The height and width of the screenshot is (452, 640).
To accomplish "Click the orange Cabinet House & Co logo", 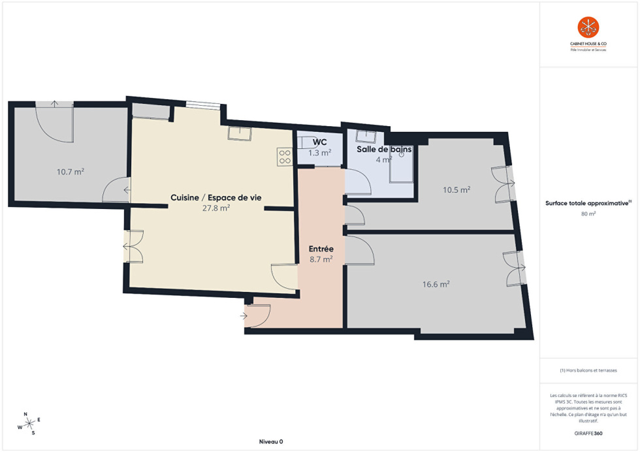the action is click(588, 27).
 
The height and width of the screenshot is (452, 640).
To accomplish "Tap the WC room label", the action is click(319, 142).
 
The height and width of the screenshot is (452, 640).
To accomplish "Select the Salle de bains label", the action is click(384, 149).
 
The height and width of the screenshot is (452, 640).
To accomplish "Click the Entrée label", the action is click(321, 249).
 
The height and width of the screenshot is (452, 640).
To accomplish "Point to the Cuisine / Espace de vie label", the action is click(216, 198).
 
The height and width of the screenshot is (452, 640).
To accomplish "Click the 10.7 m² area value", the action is click(71, 172).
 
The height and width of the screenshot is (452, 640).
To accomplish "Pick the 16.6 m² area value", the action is click(436, 284).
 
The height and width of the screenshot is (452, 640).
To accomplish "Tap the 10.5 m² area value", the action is click(456, 190).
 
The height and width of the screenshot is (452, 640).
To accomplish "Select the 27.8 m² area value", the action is click(216, 208).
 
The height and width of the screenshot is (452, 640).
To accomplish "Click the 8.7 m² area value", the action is click(321, 259).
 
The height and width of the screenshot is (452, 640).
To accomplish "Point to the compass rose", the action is click(29, 424).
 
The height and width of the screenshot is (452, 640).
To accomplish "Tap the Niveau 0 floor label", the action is click(271, 442).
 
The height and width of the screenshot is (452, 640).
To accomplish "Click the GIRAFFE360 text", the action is click(588, 433).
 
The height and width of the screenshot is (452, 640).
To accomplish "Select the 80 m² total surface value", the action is click(588, 214).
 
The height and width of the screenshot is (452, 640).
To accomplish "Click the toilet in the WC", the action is click(306, 143).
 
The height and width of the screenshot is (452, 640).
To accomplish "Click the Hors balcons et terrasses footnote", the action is click(588, 370).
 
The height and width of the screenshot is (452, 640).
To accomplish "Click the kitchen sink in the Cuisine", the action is click(239, 133).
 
